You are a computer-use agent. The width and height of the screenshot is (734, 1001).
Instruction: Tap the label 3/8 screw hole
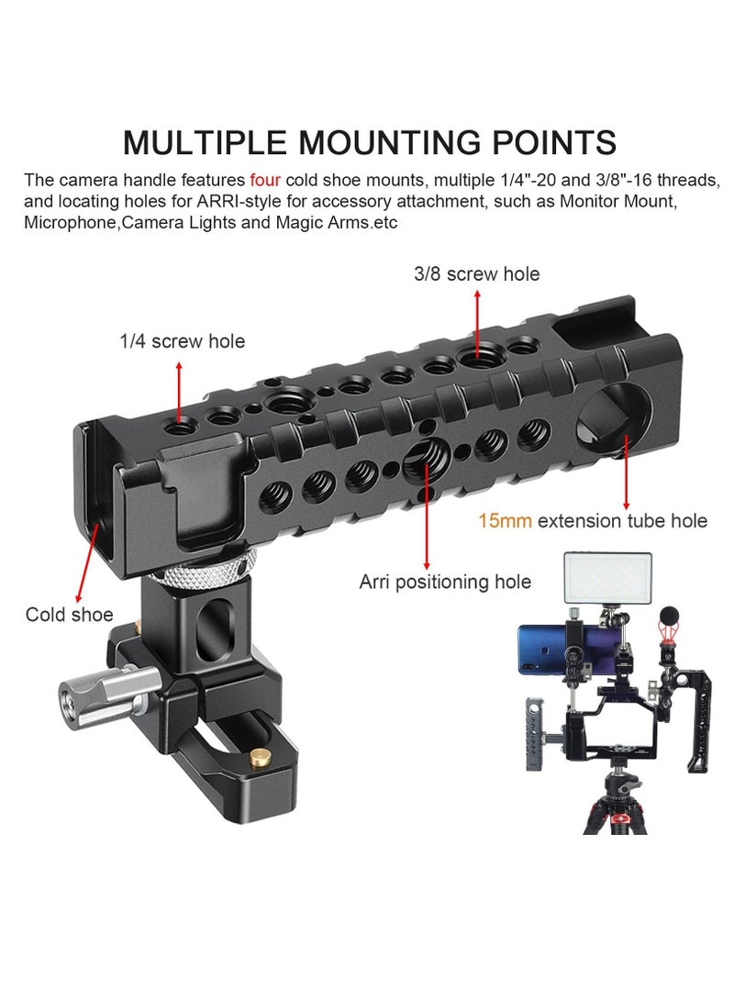pos(477,273)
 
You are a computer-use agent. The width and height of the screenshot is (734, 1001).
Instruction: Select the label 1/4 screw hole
pos(182,341)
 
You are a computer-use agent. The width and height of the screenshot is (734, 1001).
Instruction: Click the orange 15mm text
pos(504,521)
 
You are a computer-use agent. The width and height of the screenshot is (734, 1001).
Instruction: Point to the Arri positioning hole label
pos(445,581)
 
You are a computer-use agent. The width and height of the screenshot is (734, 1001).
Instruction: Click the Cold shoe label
pos(70,614)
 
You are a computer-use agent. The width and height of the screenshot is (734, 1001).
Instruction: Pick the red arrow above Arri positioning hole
pos(428,514)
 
